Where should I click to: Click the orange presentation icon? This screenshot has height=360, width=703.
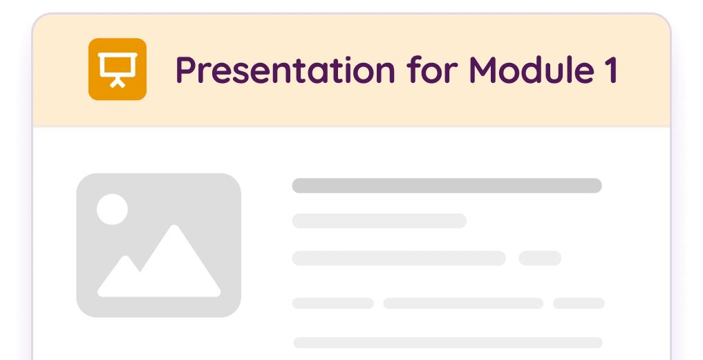point(118,69)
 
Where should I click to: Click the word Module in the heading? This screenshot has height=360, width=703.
point(526,70)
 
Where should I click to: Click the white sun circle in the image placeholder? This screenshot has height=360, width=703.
point(112,209)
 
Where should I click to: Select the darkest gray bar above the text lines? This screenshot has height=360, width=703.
point(447,185)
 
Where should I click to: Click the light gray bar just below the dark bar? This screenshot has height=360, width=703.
point(379,221)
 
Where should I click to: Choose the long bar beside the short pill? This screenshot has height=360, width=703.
point(398,258)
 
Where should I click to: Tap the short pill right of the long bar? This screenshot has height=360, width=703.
point(540,258)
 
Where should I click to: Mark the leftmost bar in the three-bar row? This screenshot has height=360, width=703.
point(332,303)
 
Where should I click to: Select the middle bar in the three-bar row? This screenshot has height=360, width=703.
point(462,303)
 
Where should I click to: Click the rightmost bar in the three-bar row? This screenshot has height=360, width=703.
point(579,303)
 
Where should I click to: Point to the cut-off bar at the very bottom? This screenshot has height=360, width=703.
point(447,343)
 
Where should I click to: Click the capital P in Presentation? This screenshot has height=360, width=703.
point(185,70)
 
